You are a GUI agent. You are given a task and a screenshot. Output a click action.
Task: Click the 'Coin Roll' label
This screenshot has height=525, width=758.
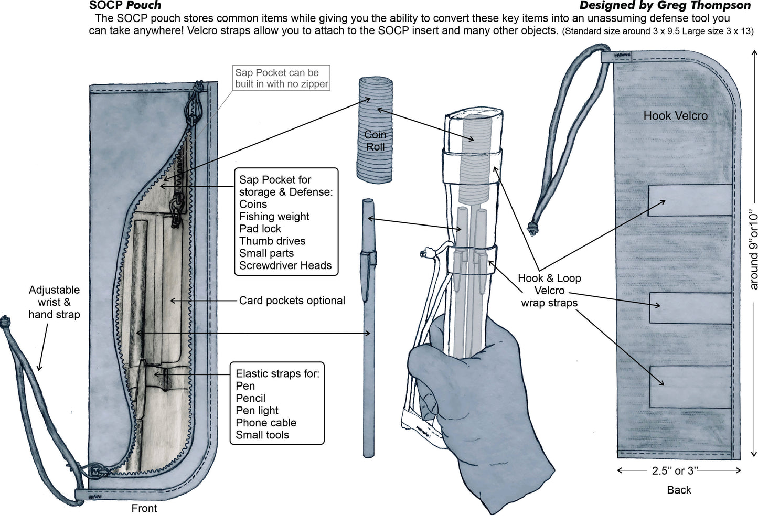pyautogui.click(x=375, y=141)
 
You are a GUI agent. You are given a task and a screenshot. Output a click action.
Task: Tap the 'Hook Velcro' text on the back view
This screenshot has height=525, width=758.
pyautogui.click(x=675, y=116)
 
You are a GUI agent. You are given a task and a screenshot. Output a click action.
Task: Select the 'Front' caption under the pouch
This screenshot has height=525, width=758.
pyautogui.click(x=144, y=508)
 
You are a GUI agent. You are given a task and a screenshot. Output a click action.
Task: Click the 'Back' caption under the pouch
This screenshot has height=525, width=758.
pyautogui.click(x=679, y=490)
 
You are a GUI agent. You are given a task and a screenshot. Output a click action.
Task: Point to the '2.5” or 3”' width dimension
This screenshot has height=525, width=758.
pyautogui.click(x=679, y=471)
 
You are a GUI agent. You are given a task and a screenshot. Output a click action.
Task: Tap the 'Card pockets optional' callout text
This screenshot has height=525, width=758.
pyautogui.click(x=292, y=301)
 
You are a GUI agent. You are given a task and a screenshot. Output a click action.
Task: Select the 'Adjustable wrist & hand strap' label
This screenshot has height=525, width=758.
pyautogui.click(x=54, y=302)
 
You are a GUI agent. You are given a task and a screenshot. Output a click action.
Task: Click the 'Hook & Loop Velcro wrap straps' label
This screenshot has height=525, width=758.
pyautogui.click(x=549, y=291)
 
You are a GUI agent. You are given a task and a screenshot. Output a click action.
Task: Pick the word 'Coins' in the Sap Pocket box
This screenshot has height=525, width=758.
pyautogui.click(x=253, y=204)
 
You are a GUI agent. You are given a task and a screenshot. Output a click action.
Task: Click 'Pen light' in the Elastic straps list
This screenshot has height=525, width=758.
pyautogui.click(x=257, y=410)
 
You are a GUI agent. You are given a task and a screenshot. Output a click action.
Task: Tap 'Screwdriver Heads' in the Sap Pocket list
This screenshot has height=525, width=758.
pyautogui.click(x=285, y=265)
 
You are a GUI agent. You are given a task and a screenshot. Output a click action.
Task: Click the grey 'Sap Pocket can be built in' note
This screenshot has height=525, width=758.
pyautogui.click(x=281, y=78)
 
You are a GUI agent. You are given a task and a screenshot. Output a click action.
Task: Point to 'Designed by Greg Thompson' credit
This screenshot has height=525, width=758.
pyautogui.click(x=665, y=6)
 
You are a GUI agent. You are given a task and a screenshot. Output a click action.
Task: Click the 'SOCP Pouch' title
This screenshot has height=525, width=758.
pyautogui.click(x=125, y=6)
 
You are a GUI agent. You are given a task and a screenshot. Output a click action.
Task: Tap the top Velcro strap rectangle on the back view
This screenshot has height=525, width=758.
pyautogui.click(x=690, y=200)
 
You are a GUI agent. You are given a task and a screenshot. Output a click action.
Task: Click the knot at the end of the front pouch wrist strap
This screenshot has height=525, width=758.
pyautogui.click(x=5, y=319)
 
